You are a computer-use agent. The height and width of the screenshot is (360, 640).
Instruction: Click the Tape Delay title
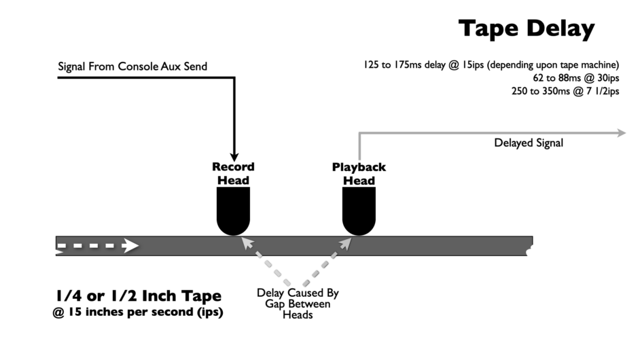526,29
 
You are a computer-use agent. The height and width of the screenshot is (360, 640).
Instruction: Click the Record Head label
233,173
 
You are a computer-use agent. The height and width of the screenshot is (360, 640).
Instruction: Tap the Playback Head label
359,174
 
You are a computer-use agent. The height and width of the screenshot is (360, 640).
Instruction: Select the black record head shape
233,211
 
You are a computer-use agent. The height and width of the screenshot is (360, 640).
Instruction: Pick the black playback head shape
359,211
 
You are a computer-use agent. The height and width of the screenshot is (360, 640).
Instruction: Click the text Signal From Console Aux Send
132,66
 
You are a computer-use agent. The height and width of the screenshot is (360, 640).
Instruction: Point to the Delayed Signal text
529,143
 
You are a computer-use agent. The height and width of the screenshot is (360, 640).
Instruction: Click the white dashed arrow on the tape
99,246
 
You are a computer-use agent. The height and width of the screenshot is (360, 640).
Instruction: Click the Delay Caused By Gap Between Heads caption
297,304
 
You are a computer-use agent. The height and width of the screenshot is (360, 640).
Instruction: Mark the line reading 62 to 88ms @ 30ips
576,78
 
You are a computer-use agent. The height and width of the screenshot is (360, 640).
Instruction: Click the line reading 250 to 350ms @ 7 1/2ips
565,91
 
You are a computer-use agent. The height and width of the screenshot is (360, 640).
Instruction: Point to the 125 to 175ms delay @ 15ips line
491,65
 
